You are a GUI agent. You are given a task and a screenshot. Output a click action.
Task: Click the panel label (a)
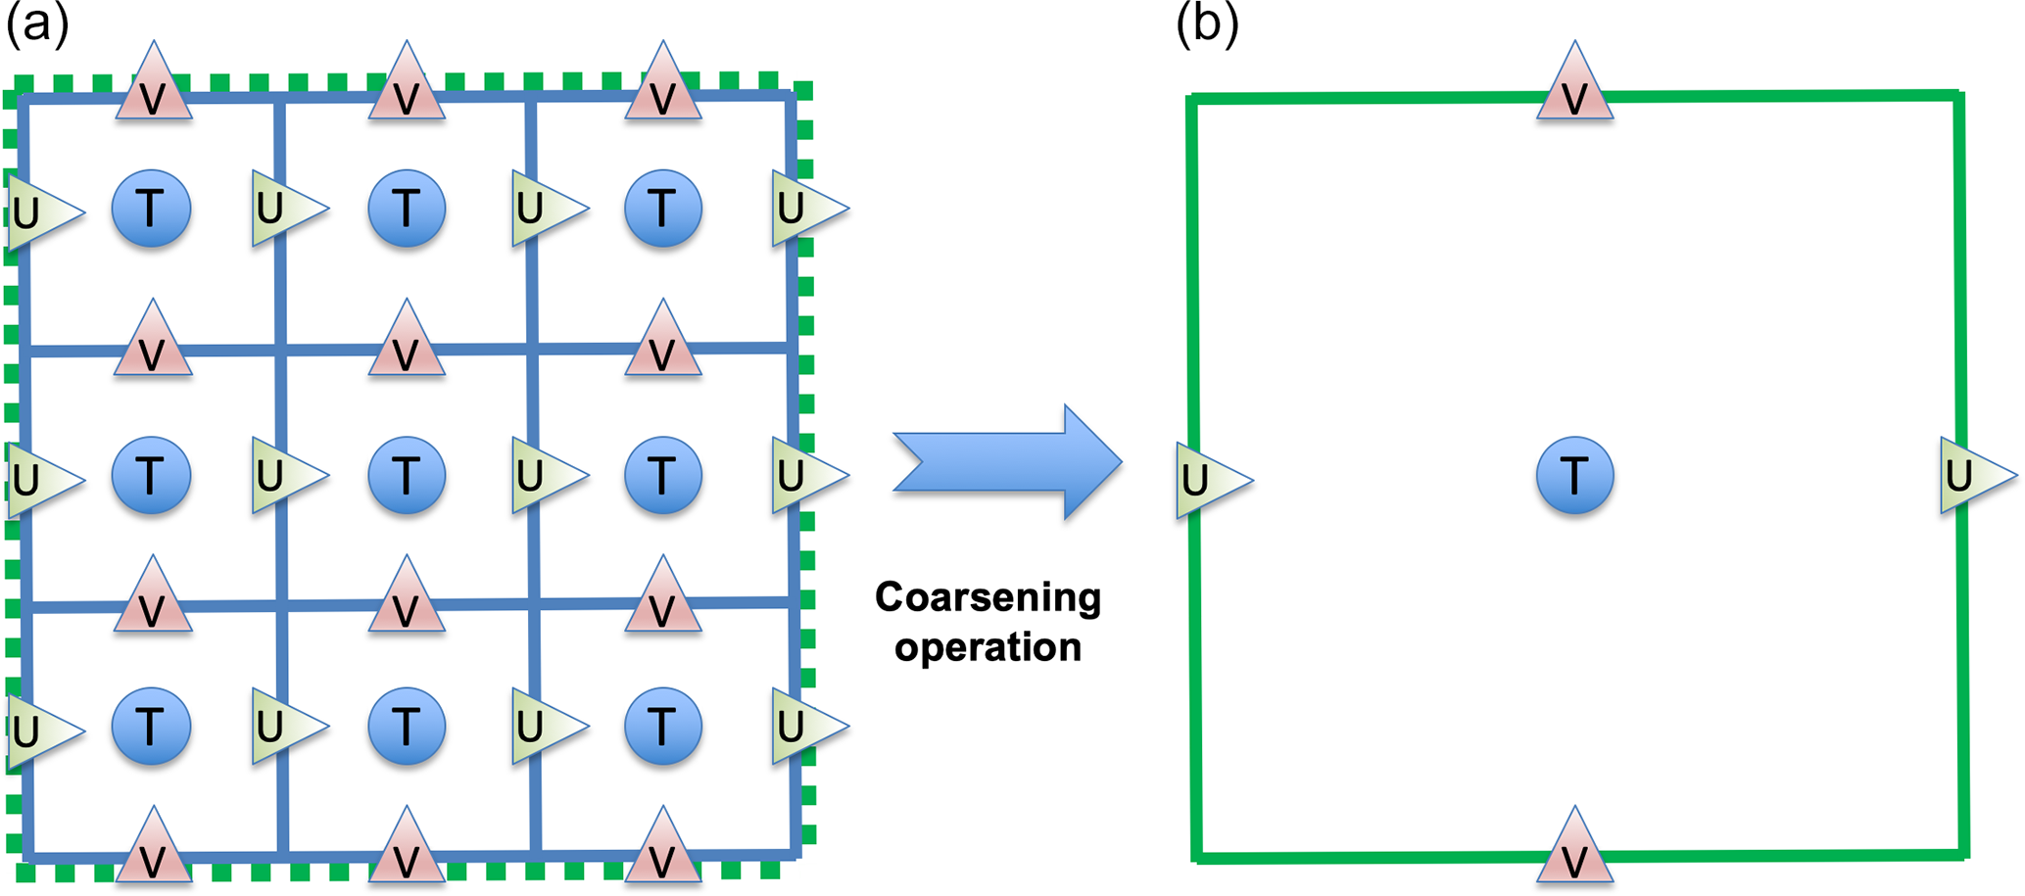tap(37, 24)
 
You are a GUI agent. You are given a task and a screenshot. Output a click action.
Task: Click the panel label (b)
tap(1207, 24)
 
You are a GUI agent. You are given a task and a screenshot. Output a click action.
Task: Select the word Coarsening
tap(988, 597)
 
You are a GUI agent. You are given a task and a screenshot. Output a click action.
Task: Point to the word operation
tap(988, 647)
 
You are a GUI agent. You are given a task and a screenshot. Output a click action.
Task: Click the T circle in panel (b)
tap(1574, 476)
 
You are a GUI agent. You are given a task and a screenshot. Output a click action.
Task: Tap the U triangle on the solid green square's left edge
tap(1207, 480)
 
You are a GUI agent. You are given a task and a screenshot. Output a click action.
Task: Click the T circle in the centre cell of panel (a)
tap(407, 476)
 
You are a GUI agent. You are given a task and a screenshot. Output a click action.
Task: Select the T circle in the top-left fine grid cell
tap(151, 209)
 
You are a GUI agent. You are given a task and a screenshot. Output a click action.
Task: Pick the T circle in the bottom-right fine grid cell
tap(663, 727)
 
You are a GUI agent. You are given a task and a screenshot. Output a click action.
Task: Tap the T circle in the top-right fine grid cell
tap(663, 209)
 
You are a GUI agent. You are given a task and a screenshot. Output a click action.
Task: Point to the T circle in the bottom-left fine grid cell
tap(151, 727)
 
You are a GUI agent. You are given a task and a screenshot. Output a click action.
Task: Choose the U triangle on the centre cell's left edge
tap(282, 476)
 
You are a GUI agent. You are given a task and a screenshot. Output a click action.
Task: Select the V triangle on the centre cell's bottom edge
tap(407, 600)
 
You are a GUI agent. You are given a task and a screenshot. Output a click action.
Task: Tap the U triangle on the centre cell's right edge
tap(542, 476)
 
